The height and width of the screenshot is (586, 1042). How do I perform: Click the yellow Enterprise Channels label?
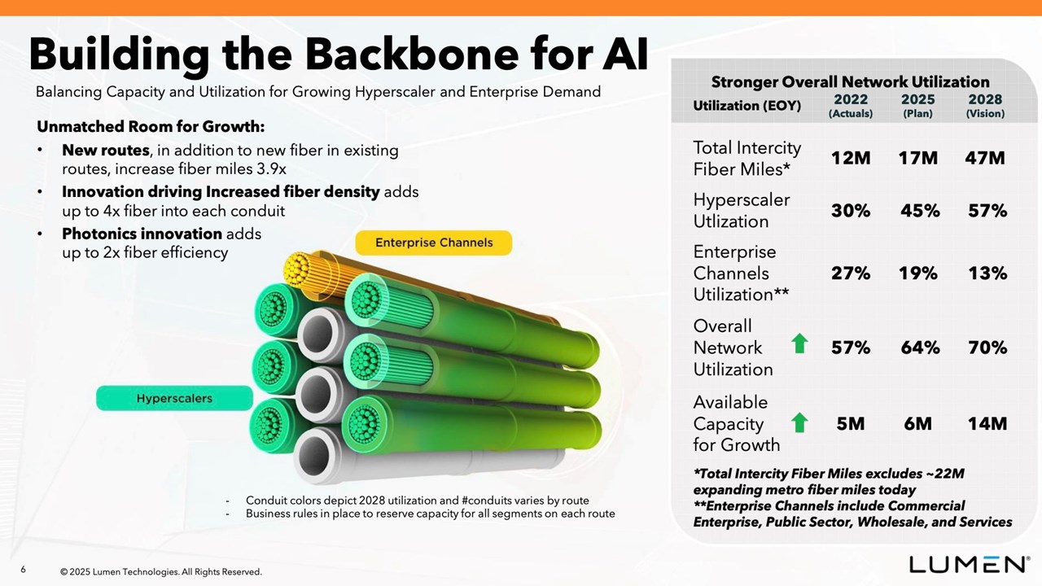434,243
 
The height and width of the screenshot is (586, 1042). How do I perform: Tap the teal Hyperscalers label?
174,398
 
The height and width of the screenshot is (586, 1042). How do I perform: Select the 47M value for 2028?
985,158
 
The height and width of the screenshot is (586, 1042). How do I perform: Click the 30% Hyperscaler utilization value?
851,211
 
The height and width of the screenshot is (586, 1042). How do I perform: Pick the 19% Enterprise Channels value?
917,273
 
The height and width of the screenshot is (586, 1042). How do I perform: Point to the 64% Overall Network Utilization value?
920,348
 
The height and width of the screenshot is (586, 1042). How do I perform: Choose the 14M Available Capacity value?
987,424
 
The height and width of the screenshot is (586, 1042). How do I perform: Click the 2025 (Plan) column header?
917,106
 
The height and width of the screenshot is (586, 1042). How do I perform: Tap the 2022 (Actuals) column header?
851,106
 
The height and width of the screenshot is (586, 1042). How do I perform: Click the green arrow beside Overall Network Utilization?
799,343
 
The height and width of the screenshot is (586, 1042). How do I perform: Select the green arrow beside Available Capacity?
799,422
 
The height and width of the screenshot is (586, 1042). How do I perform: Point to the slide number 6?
23,569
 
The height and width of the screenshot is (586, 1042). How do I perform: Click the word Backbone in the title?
412,54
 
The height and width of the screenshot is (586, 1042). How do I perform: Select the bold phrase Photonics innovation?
142,234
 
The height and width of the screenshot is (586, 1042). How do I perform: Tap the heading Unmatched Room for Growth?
151,126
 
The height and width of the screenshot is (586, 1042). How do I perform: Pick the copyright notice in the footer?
161,571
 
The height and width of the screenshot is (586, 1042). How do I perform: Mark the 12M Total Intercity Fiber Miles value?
851,158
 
